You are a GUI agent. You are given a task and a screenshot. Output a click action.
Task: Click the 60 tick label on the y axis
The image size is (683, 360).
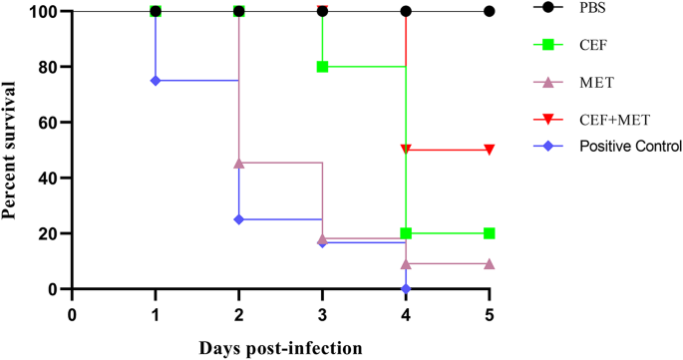[46, 123]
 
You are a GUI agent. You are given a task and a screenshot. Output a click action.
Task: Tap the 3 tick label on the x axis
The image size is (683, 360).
[322, 313]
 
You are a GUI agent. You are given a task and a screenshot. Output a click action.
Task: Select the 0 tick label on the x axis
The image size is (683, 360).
[72, 313]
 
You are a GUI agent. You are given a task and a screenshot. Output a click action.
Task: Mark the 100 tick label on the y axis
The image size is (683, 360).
[40, 11]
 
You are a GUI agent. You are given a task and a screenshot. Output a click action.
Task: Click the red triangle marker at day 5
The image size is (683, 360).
[489, 150]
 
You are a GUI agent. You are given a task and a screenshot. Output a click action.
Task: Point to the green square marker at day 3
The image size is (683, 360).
[322, 67]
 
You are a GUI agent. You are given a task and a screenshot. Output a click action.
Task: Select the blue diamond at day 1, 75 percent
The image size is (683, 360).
[156, 81]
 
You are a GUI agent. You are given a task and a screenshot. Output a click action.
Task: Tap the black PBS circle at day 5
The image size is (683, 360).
[489, 11]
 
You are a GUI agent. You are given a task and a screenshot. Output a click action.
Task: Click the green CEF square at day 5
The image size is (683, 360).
[489, 233]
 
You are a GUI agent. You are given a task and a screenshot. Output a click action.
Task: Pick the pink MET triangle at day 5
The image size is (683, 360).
[489, 263]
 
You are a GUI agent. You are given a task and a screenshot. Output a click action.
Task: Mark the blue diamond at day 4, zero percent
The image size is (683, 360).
[406, 289]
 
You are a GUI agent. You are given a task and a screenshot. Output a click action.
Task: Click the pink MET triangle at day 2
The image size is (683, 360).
[239, 163]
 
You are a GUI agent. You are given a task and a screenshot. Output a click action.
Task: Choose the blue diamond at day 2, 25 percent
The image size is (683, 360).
[239, 219]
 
